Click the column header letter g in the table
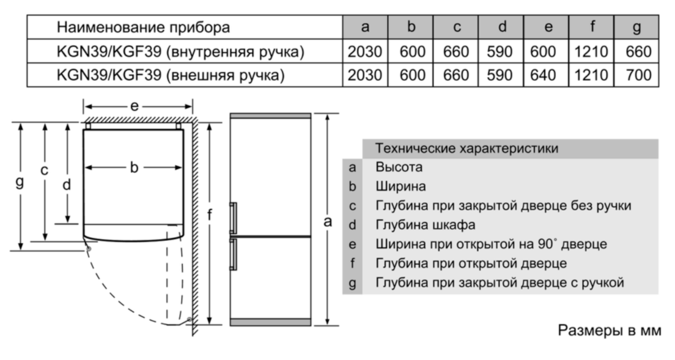pos(636,28)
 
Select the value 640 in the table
pos(543,75)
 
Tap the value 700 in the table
pos(638,75)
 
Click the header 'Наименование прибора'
pos(143,28)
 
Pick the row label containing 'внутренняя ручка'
pos(180,52)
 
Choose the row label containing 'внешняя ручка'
pos(171,76)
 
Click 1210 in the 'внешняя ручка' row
pos(591,75)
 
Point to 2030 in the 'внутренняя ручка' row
pos(365,52)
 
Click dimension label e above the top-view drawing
pos(135,106)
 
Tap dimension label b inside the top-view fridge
pos(134,167)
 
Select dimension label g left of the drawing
pos(20,182)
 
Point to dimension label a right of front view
pos(328,221)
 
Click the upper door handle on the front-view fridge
pos(233,218)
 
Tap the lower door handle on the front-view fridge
pos(233,255)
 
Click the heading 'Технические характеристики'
pos(467,149)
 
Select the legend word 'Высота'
pos(399,167)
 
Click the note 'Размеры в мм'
pos(609,330)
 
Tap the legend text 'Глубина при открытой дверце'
pos(471,263)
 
